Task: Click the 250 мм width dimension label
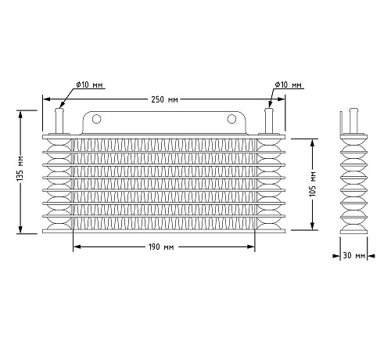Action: coord(164,99)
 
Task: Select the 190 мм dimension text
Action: coord(161,247)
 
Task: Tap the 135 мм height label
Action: coord(20,168)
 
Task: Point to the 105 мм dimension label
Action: coord(313,184)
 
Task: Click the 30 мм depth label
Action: coord(353,255)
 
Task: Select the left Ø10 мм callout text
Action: coord(89,85)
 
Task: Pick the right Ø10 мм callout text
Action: coord(288,85)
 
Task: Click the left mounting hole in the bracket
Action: coord(96,119)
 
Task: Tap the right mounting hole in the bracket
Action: coord(231,119)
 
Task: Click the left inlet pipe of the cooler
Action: coord(59,121)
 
